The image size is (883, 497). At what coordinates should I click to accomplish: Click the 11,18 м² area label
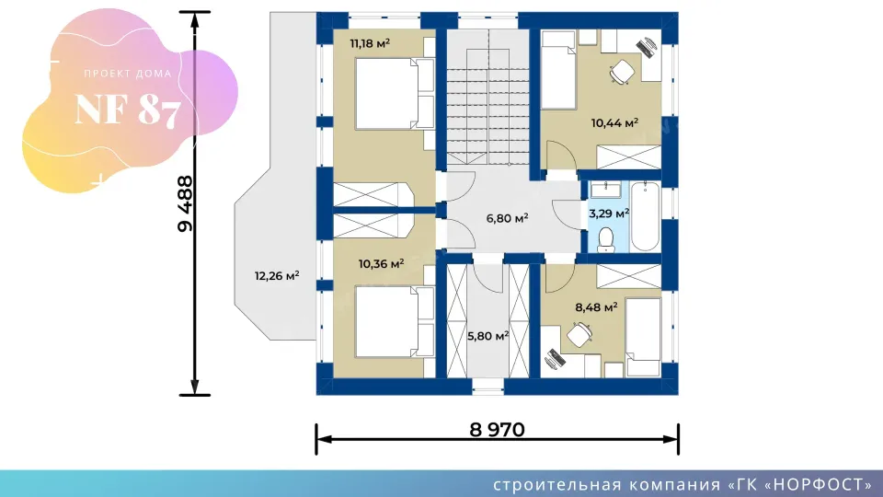[370, 43]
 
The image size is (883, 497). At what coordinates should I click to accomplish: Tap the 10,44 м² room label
[614, 122]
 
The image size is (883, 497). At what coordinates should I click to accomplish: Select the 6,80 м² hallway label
[507, 218]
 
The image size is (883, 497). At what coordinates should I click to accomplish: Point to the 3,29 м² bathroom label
[609, 214]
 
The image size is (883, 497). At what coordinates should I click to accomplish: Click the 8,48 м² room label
[596, 307]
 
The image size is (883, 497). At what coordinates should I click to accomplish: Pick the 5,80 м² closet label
[487, 337]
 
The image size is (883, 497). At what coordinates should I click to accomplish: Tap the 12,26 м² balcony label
[277, 276]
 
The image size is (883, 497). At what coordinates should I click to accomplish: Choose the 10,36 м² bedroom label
[381, 264]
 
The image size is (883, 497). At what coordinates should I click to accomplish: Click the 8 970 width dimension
[498, 430]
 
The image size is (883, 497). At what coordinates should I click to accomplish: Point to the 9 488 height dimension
[185, 204]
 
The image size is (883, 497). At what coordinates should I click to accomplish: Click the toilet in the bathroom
[606, 239]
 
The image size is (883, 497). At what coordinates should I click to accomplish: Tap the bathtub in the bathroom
[645, 216]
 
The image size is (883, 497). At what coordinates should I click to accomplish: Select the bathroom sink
[606, 190]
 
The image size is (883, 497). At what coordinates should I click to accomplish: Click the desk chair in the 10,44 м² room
[622, 72]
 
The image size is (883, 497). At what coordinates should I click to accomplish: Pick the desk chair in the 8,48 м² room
[579, 335]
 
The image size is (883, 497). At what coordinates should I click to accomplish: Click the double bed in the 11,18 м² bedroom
[395, 94]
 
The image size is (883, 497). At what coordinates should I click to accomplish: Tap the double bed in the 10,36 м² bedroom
[395, 322]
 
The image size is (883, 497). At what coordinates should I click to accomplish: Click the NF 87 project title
[128, 110]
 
